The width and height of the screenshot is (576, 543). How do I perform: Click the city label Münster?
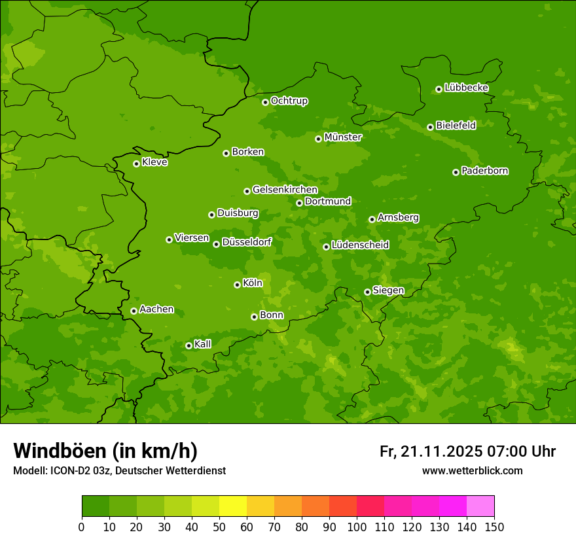pos(343,137)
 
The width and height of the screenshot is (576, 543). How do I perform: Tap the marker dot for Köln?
pos(237,285)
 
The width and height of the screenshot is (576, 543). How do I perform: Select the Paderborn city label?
pos(484,171)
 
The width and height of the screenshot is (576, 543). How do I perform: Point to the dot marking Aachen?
pos(134,311)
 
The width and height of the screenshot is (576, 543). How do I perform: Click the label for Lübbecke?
pos(466,88)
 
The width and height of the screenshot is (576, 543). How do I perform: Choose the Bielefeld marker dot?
pos(430,127)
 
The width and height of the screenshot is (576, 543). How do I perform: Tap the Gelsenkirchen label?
pos(285,190)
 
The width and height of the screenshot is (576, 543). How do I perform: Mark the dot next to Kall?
pos(189,345)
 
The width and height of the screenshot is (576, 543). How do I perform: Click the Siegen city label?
pos(388,290)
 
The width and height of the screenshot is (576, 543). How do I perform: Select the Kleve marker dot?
pos(136,164)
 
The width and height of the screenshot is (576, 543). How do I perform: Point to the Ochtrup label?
pos(289,101)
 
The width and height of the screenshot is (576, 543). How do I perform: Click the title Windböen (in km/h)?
pos(105,451)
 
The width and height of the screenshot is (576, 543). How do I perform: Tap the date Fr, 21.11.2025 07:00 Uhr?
pos(467,451)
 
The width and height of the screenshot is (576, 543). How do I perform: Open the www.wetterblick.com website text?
pos(472,470)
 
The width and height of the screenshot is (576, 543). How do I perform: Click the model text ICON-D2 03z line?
pos(119,470)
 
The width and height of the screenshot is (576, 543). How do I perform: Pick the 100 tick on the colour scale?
pos(357,527)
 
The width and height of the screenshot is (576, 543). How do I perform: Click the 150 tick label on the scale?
pos(494,527)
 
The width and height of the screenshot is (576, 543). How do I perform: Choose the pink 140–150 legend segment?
pos(480,506)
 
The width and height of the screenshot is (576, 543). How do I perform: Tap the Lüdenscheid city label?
pos(360,245)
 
